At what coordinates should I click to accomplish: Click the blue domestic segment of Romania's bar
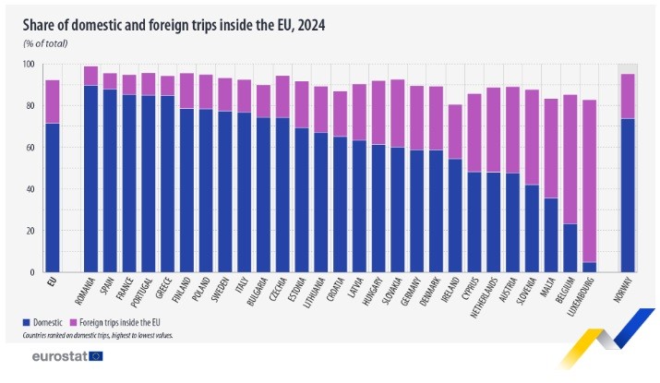click(x=90, y=179)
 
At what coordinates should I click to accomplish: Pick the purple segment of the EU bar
click(x=53, y=102)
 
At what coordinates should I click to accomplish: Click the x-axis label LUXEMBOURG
click(x=588, y=299)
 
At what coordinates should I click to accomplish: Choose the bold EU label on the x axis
click(x=52, y=282)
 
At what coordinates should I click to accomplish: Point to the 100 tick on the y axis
click(x=29, y=65)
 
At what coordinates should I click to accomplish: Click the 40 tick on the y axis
click(x=30, y=189)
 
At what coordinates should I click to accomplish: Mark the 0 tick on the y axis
click(x=33, y=272)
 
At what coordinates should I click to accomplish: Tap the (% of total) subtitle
click(x=46, y=43)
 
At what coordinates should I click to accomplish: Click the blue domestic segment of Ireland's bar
click(x=456, y=216)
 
